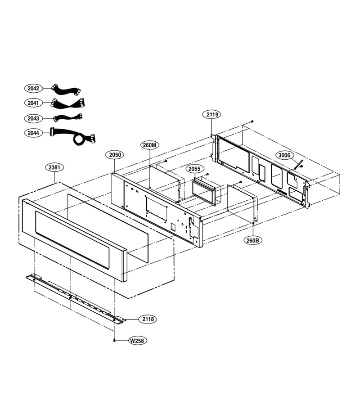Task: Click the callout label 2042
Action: click(33, 88)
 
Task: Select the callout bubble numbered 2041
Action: click(33, 103)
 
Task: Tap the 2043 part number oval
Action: click(33, 118)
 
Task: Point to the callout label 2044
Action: click(33, 133)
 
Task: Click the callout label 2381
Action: click(54, 167)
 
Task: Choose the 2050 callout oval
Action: click(115, 155)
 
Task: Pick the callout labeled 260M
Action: click(150, 145)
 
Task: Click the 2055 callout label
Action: click(194, 169)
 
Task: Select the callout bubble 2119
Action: click(212, 114)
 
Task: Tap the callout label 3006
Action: click(284, 155)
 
